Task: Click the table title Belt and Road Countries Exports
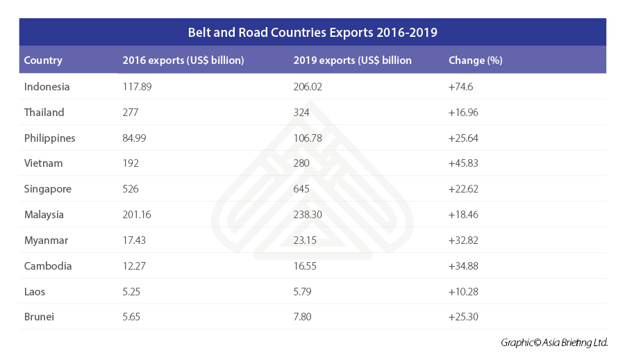[x=312, y=32]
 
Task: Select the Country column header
[x=43, y=60]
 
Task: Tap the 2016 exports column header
[x=183, y=60]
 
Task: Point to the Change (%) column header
[x=476, y=60]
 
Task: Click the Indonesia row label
[x=47, y=87]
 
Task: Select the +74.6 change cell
[x=462, y=87]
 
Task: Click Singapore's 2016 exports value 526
[x=131, y=189]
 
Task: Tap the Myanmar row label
[x=46, y=240]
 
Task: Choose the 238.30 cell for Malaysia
[x=308, y=215]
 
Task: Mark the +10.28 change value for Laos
[x=464, y=291]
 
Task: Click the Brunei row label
[x=39, y=317]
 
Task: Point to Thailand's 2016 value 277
[x=131, y=113]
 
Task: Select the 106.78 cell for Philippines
[x=308, y=138]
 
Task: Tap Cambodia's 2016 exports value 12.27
[x=134, y=265]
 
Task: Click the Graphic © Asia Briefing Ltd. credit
[x=554, y=343]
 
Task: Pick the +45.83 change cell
[x=464, y=163]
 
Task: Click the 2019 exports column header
[x=352, y=60]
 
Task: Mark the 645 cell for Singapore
[x=302, y=189]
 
